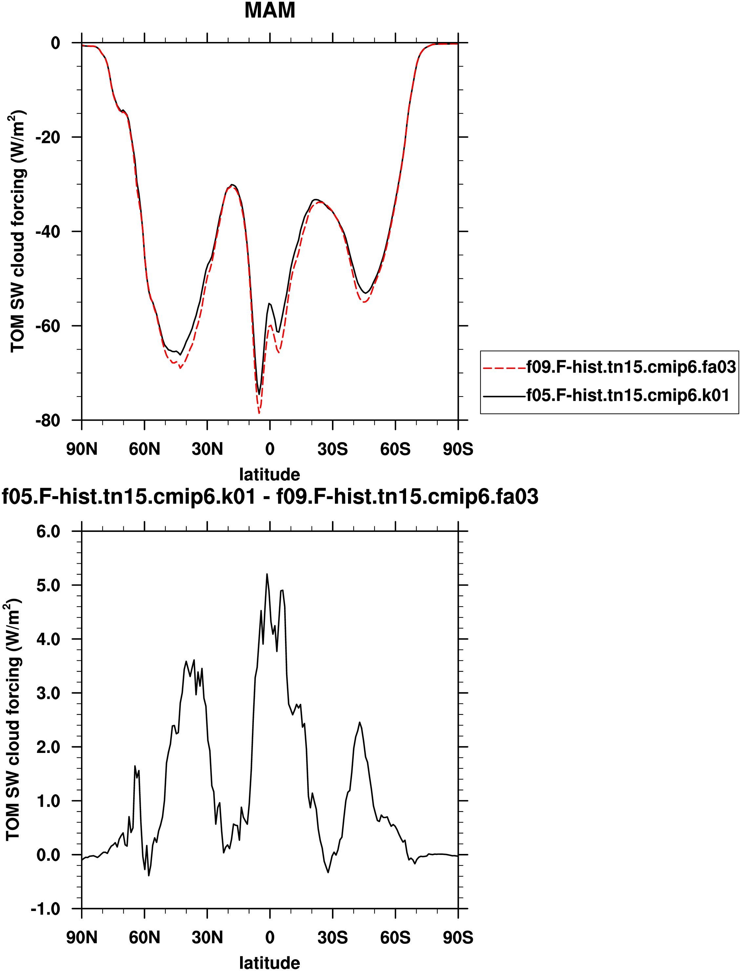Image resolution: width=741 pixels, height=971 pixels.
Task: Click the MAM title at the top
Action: point(270,10)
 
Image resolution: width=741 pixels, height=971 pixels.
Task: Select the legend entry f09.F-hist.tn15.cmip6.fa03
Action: point(631,367)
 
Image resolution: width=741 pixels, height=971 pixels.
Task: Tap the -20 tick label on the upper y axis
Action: point(48,137)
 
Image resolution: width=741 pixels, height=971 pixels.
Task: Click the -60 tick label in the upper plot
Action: point(48,326)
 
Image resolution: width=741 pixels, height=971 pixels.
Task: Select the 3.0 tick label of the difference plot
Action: point(48,693)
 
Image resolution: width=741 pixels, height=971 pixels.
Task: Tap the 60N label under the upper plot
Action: point(144,449)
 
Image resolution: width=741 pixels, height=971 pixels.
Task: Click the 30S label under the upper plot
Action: point(333,449)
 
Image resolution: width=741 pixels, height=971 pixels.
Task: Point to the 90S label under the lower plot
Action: point(458,938)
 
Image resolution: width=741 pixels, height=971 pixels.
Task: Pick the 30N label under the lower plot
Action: point(207,938)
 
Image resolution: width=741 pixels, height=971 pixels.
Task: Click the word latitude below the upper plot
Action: point(270,475)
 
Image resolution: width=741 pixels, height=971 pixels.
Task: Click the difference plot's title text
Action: point(270,497)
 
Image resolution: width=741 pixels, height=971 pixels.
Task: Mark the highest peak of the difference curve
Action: point(267,574)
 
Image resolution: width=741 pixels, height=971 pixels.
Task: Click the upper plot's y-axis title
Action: point(18,232)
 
